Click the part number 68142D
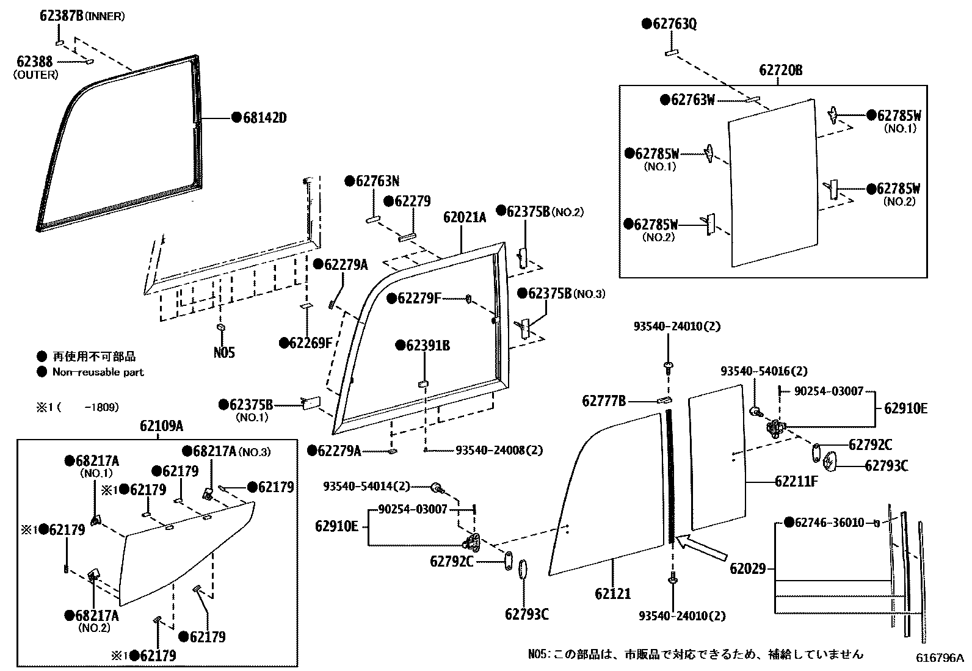click(264, 118)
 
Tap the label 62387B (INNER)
click(82, 16)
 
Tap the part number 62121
click(612, 593)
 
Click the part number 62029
click(747, 569)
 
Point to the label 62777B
click(603, 401)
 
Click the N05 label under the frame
click(224, 352)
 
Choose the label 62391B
click(427, 346)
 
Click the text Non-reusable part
click(98, 372)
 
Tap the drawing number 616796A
click(938, 658)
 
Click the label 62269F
click(310, 343)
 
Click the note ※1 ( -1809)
click(76, 407)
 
